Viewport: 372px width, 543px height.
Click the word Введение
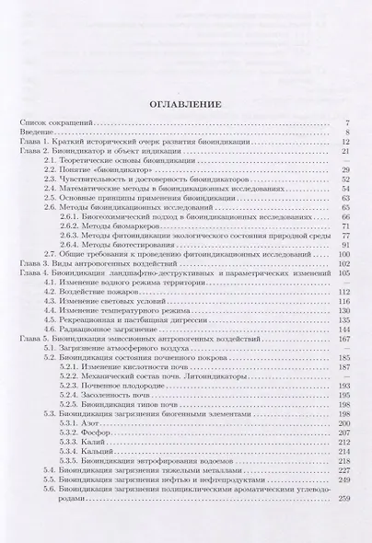coord(38,133)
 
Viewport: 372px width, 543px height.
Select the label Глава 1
coord(34,143)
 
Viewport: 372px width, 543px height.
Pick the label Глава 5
coord(34,339)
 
